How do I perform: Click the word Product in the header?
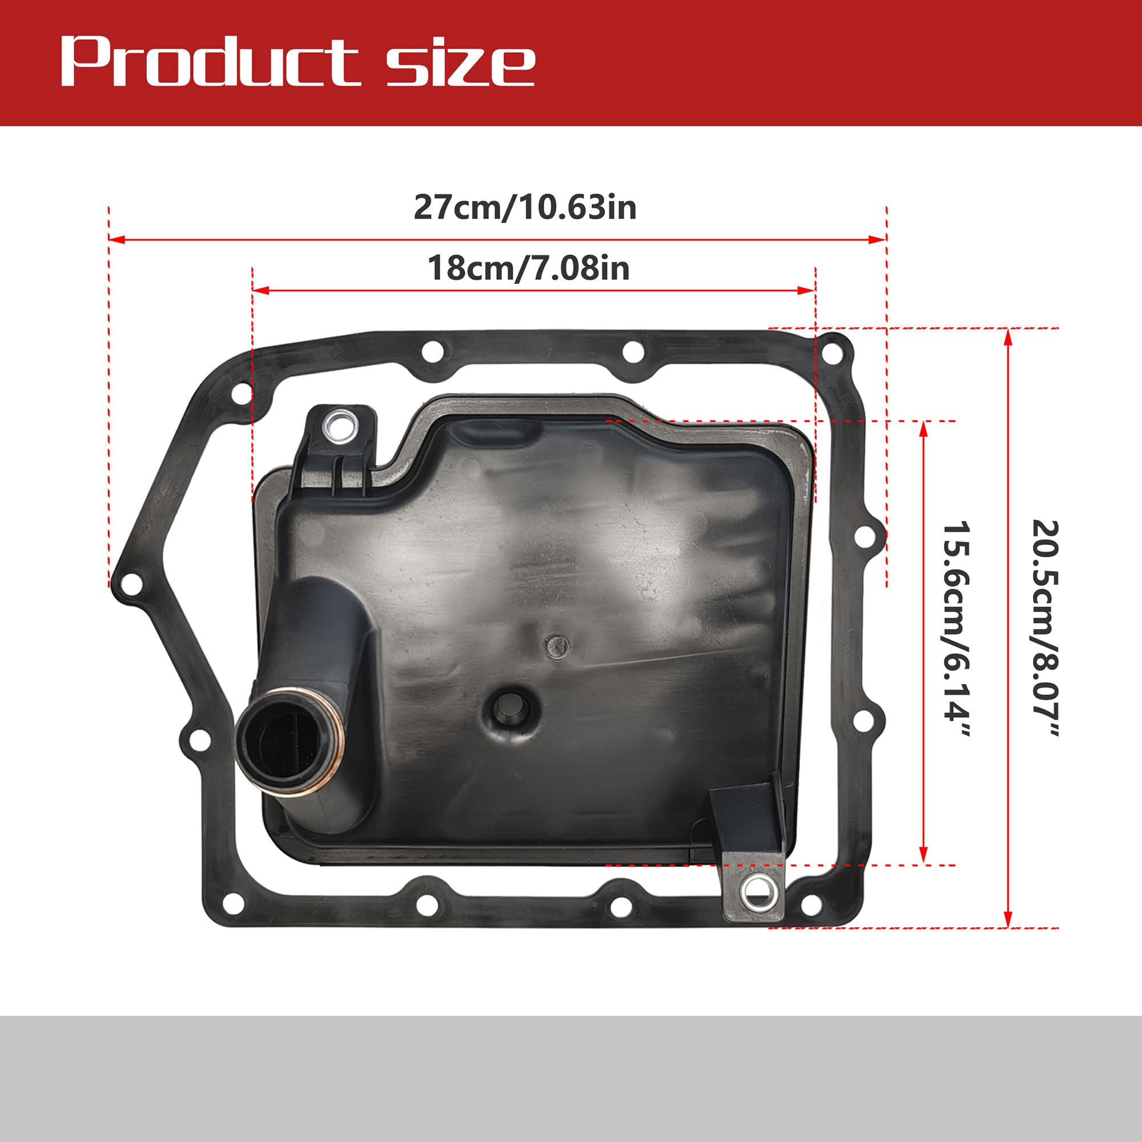click(x=210, y=62)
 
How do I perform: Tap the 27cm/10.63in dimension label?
click(x=525, y=207)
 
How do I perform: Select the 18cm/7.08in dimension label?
click(x=528, y=268)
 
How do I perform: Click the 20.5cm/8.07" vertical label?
click(x=1044, y=628)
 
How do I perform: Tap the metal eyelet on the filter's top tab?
click(x=339, y=424)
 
